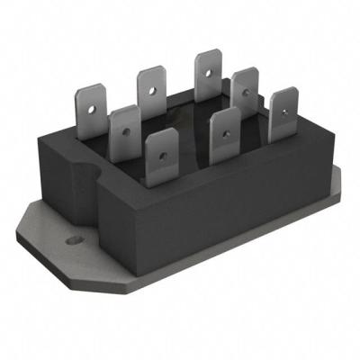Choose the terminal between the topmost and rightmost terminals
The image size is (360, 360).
pyautogui.click(x=244, y=90)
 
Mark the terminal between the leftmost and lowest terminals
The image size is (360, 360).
pyautogui.click(x=124, y=129)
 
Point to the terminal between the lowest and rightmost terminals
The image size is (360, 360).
pyautogui.click(x=223, y=133)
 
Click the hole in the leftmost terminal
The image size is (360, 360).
pyautogui.click(x=93, y=100)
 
